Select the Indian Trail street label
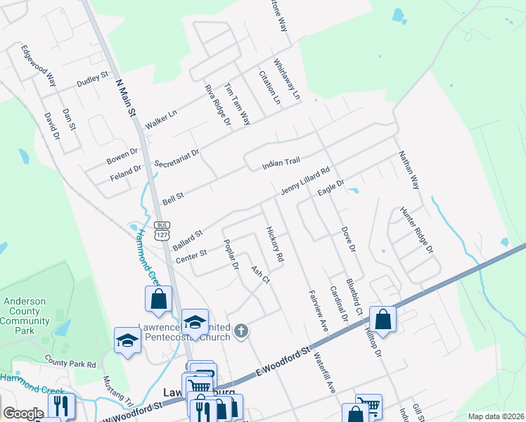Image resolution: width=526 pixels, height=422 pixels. coord(281,163)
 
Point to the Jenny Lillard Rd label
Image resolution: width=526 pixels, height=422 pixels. coord(305,181)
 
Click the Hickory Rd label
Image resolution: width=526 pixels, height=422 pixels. coord(275,244)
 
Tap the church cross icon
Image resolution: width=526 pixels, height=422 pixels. coord(241,331)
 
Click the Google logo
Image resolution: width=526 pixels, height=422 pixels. coord(23,414)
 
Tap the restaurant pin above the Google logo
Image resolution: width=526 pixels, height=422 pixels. coord(60,406)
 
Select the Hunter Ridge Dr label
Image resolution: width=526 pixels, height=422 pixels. coord(416,229)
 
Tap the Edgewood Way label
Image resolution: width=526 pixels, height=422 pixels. coord(39,66)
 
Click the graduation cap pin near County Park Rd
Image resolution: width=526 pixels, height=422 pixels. coord(127,341)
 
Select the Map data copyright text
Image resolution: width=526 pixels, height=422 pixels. coord(495,416)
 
